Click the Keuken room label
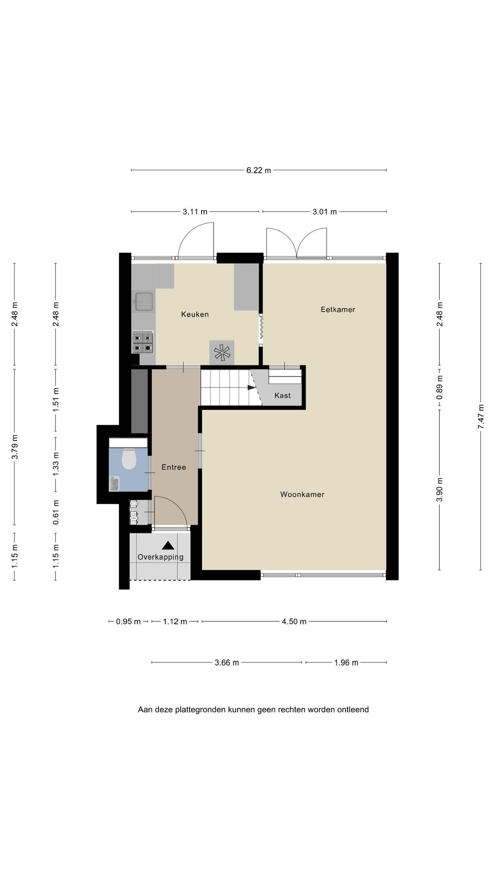tap(195, 314)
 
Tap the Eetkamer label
tap(338, 309)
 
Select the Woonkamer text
tap(302, 494)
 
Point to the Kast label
tap(282, 395)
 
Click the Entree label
tap(174, 467)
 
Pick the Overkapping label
tap(160, 557)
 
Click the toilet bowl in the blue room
tap(128, 459)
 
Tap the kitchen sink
tap(143, 302)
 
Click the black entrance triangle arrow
tap(168, 545)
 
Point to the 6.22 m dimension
tap(258, 170)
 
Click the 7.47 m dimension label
tap(481, 416)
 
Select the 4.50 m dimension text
tap(294, 622)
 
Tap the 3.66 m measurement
tap(226, 662)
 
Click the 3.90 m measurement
tap(440, 490)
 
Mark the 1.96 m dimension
tap(346, 662)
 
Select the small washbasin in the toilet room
tap(114, 484)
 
